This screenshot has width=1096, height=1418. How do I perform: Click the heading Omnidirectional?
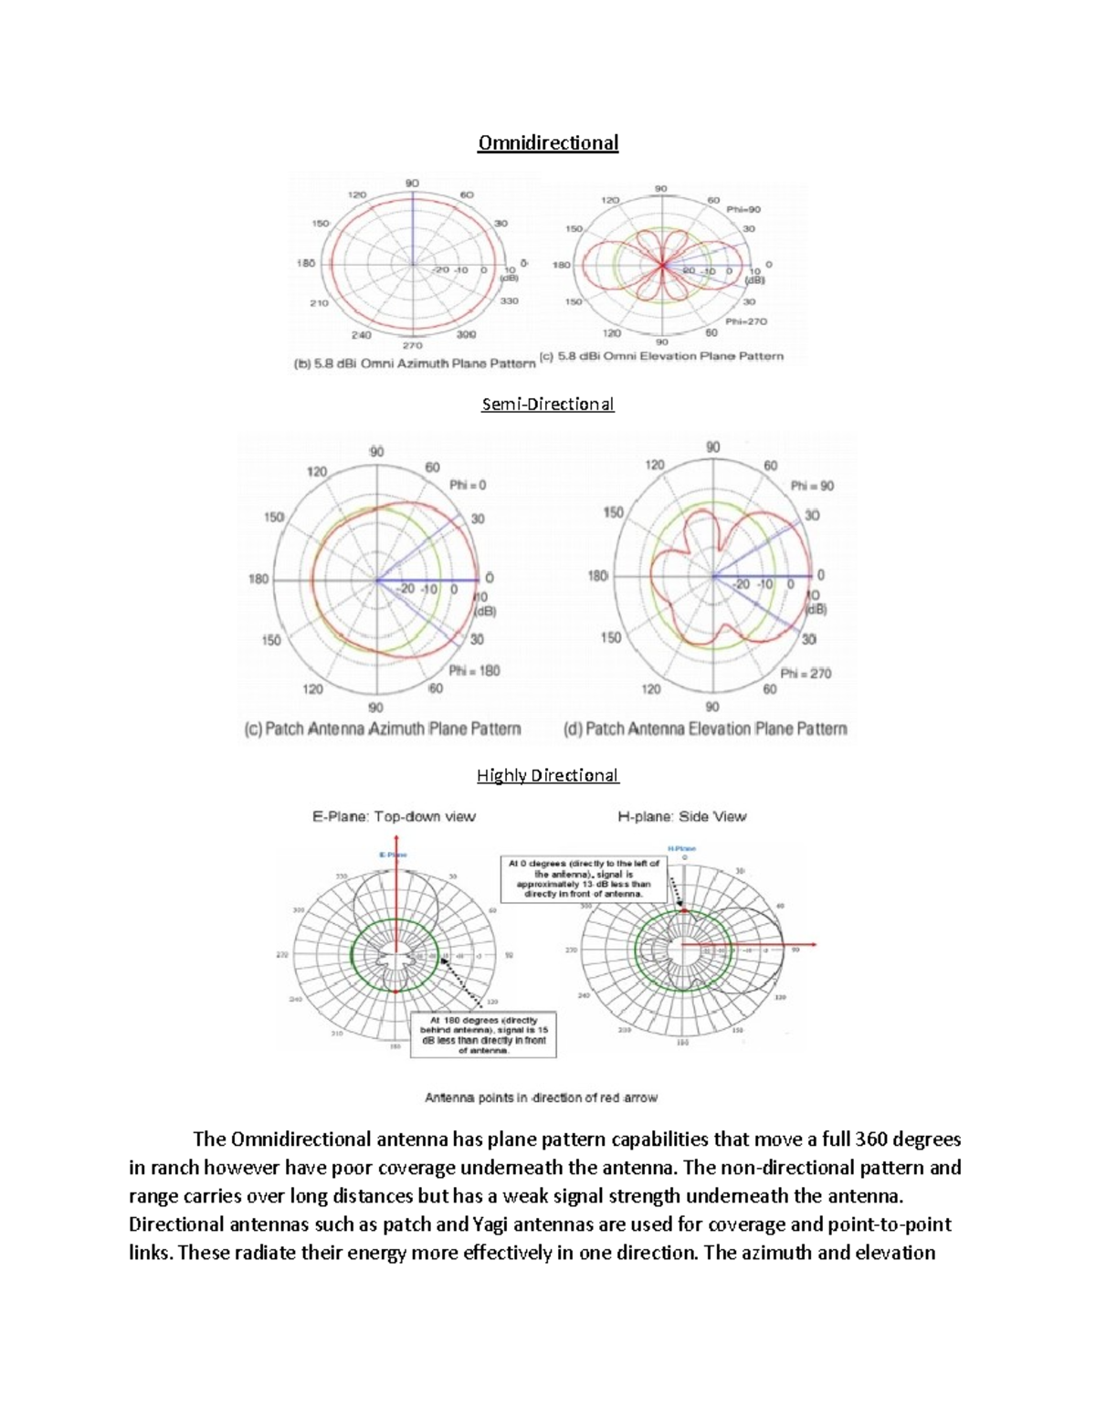coord(548,142)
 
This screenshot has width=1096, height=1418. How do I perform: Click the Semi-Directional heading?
coord(548,404)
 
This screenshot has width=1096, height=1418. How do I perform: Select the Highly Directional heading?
coord(548,775)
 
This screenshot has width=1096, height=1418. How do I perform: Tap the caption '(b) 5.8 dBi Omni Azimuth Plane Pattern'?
coord(414,363)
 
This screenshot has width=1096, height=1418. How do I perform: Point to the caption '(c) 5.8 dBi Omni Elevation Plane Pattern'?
coord(662,356)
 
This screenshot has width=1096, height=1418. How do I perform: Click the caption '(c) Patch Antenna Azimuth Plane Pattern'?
coord(383,729)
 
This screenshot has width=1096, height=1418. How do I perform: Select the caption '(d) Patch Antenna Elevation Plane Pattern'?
coord(706,729)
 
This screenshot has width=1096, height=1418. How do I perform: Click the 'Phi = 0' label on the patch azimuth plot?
coord(468,486)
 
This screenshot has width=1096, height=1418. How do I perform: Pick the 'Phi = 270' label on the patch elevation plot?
coord(806,673)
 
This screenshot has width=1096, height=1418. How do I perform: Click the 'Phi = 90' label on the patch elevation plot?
coord(811,486)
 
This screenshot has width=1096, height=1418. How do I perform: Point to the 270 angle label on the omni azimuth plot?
coord(414,347)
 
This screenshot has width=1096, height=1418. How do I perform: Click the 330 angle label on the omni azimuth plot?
coord(509,300)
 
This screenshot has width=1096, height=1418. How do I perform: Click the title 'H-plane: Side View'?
coord(682,816)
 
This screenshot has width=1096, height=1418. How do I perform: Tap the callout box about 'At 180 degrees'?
coord(483,1035)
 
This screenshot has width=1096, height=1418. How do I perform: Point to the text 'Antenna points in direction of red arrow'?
coord(541,1098)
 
